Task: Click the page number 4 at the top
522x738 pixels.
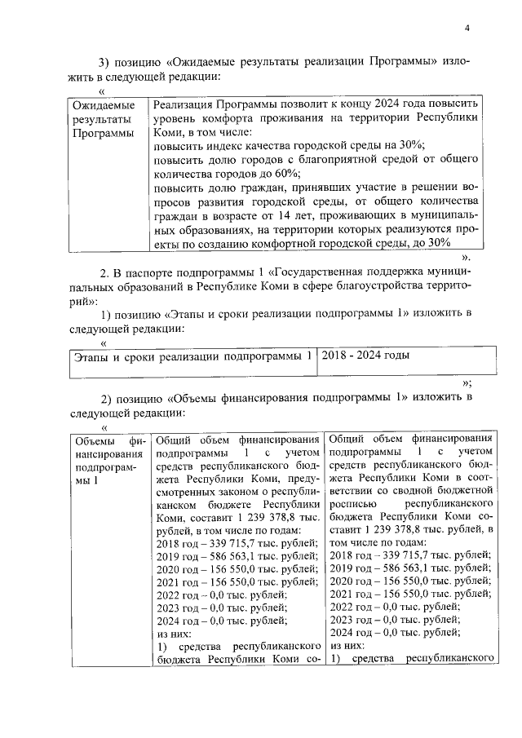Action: (x=467, y=29)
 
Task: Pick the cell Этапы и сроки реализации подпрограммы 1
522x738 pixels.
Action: (x=192, y=356)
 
